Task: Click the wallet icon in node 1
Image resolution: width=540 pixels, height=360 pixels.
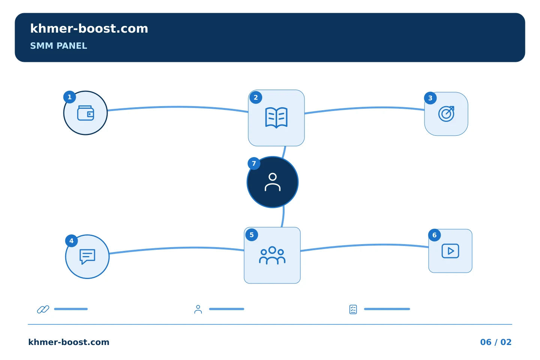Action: click(85, 113)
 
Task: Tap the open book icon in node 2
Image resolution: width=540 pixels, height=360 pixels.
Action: click(276, 118)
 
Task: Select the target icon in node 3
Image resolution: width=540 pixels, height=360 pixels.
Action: click(446, 114)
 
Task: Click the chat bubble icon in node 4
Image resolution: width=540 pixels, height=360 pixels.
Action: click(87, 256)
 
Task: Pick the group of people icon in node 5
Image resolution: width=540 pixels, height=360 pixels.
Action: click(272, 255)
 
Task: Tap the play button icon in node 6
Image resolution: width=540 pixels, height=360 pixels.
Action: click(450, 251)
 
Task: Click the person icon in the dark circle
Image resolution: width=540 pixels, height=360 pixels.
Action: click(273, 182)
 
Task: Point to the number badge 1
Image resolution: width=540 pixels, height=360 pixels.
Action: click(70, 97)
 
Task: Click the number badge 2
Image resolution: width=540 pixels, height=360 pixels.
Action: click(256, 97)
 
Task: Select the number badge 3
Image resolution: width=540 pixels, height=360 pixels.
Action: click(430, 98)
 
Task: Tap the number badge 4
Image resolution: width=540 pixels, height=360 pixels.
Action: click(71, 241)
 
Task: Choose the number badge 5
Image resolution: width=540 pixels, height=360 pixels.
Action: click(252, 235)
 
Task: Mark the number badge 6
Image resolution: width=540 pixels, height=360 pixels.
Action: click(434, 235)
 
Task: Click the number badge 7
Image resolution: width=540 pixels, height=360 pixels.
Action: click(254, 163)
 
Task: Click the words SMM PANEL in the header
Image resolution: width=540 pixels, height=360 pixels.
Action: click(58, 46)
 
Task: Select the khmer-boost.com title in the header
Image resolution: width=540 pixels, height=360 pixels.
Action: click(89, 28)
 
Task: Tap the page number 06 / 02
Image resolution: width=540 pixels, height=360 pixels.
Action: click(496, 342)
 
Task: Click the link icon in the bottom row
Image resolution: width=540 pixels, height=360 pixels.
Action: click(43, 309)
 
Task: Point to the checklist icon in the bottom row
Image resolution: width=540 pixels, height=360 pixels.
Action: click(353, 309)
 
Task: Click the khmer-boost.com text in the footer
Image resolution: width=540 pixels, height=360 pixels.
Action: click(69, 342)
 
